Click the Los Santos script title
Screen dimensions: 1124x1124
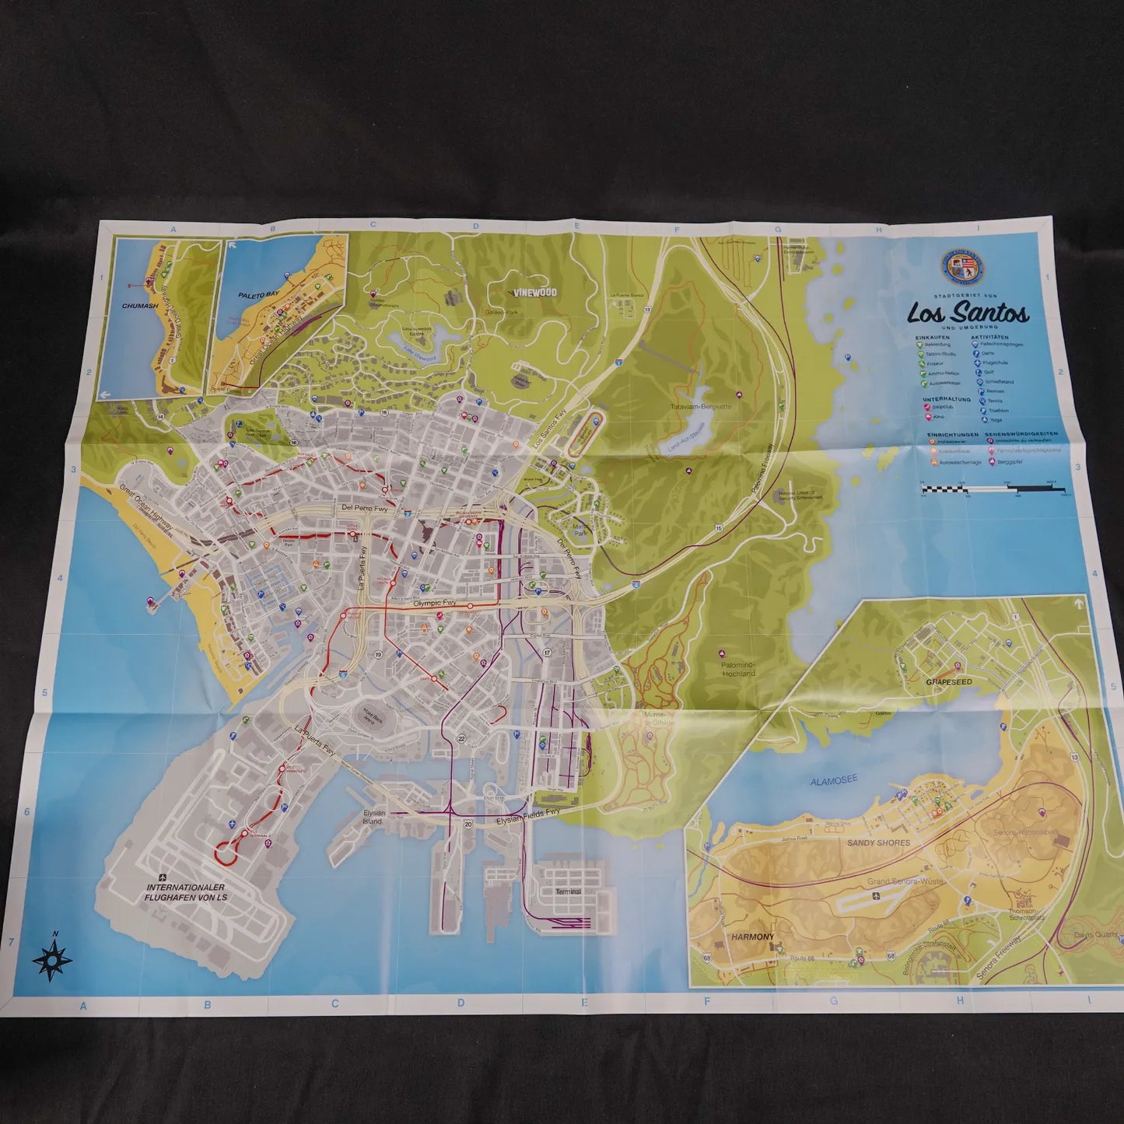968,313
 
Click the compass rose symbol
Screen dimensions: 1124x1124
53,961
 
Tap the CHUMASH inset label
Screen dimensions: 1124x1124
141,306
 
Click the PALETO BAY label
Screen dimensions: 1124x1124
253,296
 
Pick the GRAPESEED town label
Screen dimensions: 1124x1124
949,681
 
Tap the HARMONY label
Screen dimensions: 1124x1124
752,937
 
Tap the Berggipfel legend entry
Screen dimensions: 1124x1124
1007,462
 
